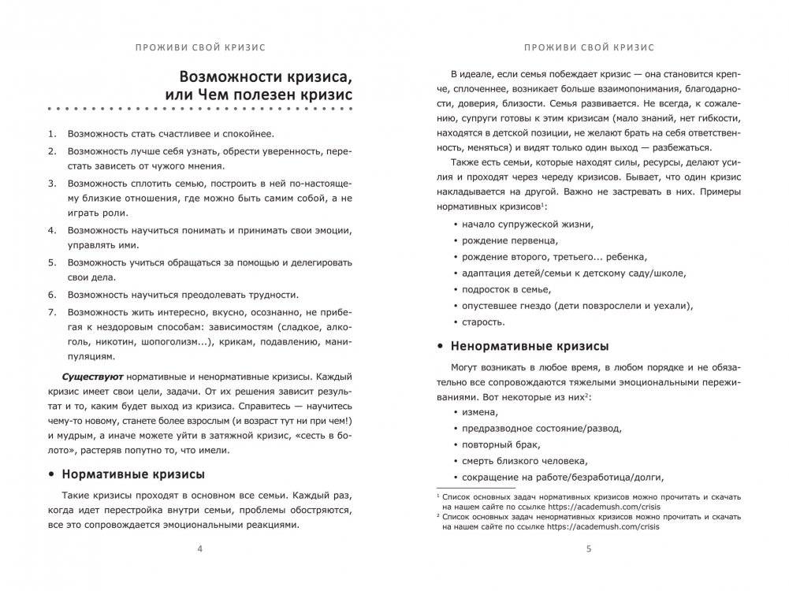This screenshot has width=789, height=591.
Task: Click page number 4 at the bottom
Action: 199,549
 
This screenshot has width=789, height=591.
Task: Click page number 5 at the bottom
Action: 589,549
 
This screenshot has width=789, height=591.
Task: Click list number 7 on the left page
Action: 51,312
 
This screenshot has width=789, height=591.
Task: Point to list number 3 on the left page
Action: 51,183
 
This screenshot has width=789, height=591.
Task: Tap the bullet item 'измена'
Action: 482,412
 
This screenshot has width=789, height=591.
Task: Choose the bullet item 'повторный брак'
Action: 504,444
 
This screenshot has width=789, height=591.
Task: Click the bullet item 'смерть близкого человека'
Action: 526,461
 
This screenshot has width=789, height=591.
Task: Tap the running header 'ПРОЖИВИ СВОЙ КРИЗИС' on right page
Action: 589,46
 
